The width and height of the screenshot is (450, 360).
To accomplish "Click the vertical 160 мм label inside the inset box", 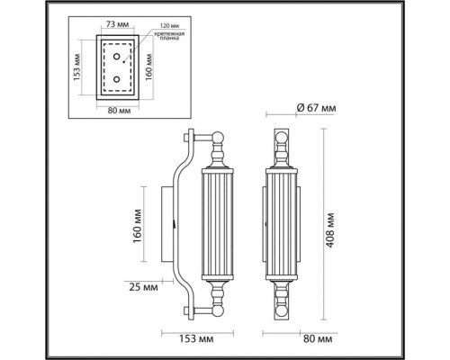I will (148, 67).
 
